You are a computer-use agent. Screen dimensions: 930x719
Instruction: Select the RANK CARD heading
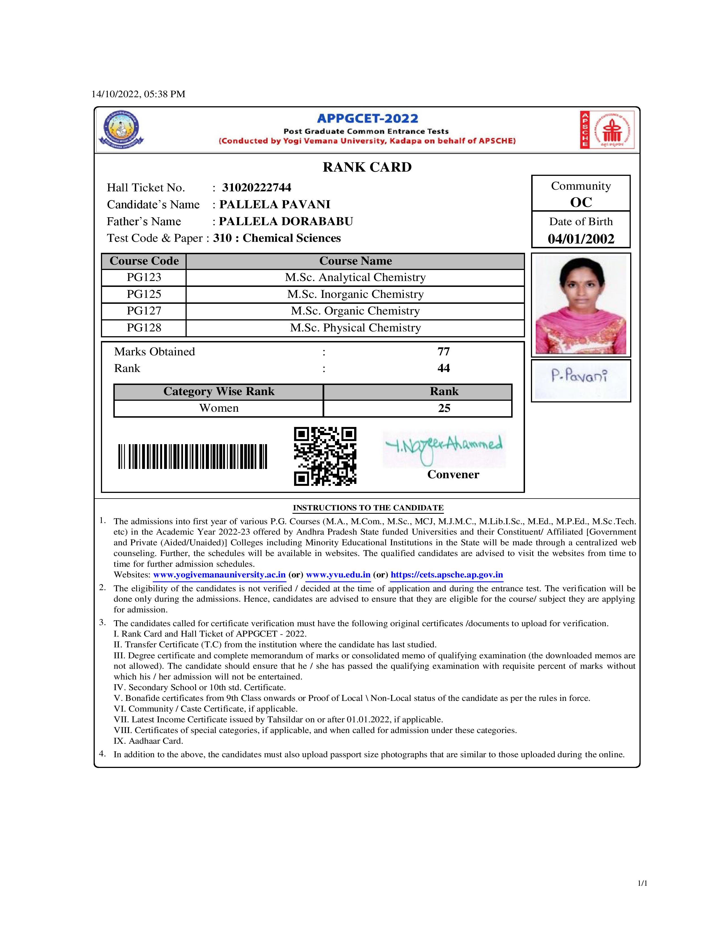[367, 167]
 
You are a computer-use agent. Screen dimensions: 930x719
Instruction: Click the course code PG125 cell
[144, 294]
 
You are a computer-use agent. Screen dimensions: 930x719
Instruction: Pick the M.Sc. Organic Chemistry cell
[355, 311]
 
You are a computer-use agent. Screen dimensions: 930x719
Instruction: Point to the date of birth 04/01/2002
[581, 238]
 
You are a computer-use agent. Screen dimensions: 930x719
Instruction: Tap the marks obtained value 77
[444, 351]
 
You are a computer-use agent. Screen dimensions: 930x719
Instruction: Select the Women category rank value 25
[444, 408]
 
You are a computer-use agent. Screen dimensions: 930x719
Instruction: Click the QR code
[325, 456]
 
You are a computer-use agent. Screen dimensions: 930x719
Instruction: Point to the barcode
[193, 457]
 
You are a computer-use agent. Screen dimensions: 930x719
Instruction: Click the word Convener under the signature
[453, 474]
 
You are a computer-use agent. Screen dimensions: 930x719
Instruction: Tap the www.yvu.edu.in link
[338, 574]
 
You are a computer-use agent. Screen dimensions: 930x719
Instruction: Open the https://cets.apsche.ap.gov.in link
[447, 574]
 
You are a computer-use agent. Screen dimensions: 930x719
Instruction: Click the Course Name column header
[355, 261]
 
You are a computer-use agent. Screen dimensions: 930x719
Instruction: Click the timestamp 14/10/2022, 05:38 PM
[138, 94]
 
